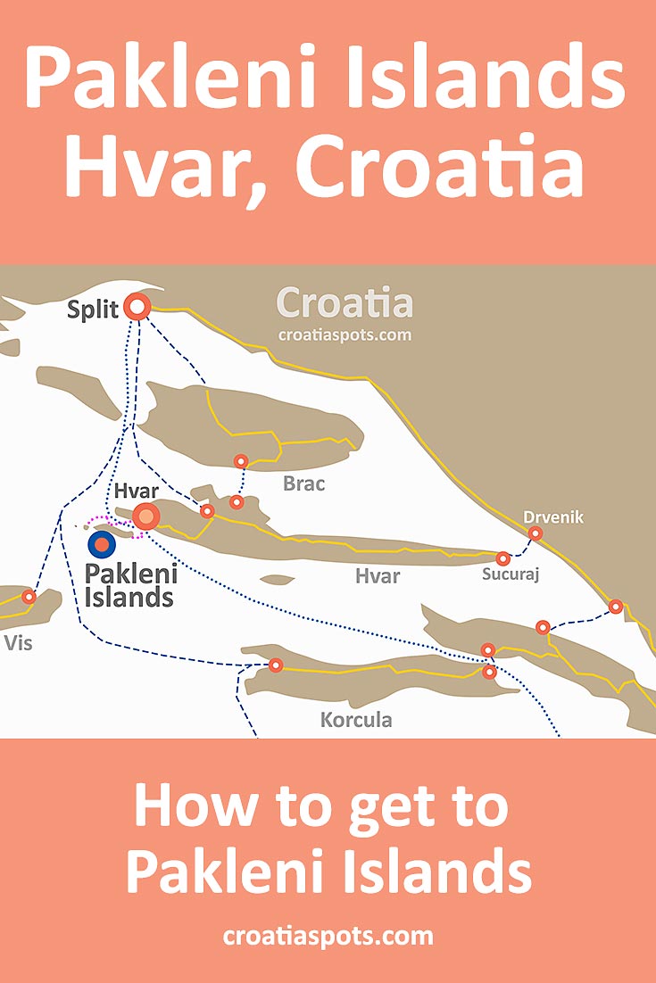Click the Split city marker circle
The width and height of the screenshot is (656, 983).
tap(137, 308)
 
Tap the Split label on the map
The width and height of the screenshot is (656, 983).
tap(93, 312)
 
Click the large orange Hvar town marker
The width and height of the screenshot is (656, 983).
tap(145, 516)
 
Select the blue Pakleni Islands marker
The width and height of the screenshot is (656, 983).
tap(102, 544)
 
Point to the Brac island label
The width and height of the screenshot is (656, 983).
tap(303, 484)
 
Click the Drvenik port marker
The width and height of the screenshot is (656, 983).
tap(535, 534)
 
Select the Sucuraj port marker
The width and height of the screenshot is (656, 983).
tap(503, 558)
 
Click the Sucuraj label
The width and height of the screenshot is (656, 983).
tap(512, 574)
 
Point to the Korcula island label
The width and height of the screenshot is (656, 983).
tap(356, 719)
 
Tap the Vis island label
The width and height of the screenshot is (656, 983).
tap(18, 642)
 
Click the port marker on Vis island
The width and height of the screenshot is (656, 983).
tap(29, 597)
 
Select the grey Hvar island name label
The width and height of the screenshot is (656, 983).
tap(377, 576)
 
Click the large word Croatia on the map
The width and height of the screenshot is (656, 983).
tap(345, 303)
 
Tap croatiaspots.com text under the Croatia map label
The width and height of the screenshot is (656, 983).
tap(345, 335)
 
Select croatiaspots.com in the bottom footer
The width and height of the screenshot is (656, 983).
tap(328, 936)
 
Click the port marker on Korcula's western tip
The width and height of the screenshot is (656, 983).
tap(276, 665)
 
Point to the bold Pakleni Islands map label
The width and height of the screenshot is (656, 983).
tap(129, 584)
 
